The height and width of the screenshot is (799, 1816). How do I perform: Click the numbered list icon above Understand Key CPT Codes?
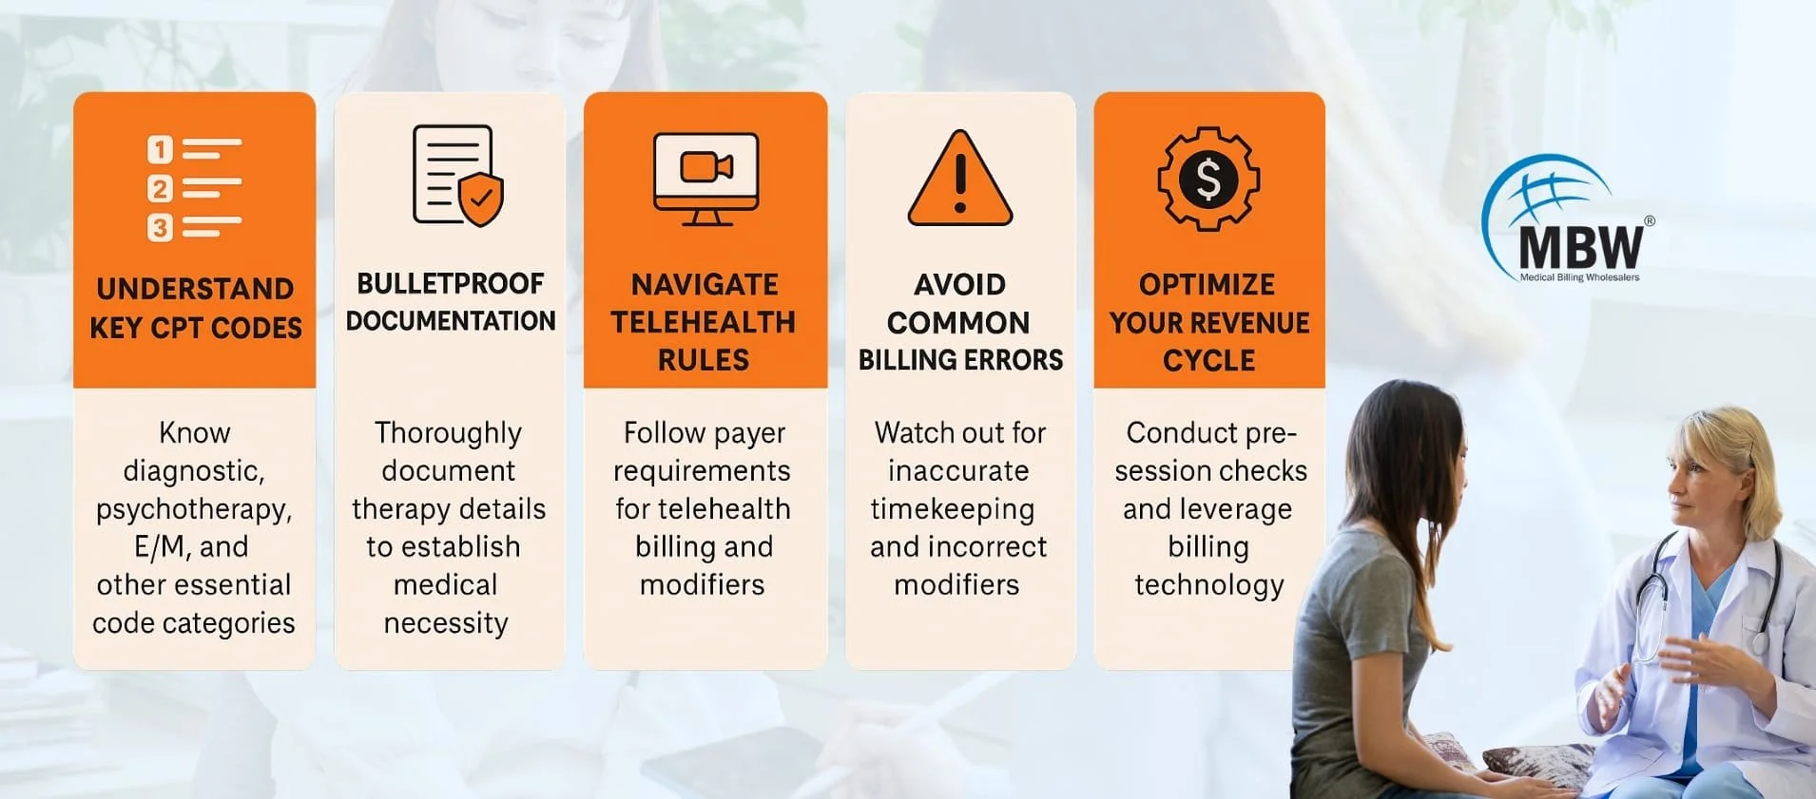pos(194,188)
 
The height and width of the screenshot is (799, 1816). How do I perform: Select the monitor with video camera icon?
pos(705,179)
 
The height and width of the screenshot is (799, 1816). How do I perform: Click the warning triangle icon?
pos(960,178)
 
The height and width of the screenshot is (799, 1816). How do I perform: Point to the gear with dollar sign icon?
pos(1208,179)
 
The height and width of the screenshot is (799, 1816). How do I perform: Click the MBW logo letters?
pos(1580,247)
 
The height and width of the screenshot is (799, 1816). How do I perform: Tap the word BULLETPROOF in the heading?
pos(451,283)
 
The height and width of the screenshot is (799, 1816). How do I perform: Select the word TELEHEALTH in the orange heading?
pos(704,322)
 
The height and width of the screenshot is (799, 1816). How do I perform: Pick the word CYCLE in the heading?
pos(1208,360)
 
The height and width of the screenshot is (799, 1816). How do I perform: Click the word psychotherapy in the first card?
pos(194,510)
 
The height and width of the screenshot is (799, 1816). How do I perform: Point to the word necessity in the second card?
pos(446,623)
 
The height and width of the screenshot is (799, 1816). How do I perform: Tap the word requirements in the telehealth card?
pos(702,471)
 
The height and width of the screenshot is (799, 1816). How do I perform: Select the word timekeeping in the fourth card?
pos(953,510)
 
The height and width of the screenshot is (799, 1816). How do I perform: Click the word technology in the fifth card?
pos(1209,585)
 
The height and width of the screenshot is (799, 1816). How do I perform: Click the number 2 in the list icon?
pos(160,189)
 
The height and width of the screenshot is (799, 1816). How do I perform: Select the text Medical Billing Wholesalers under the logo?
pos(1579,277)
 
